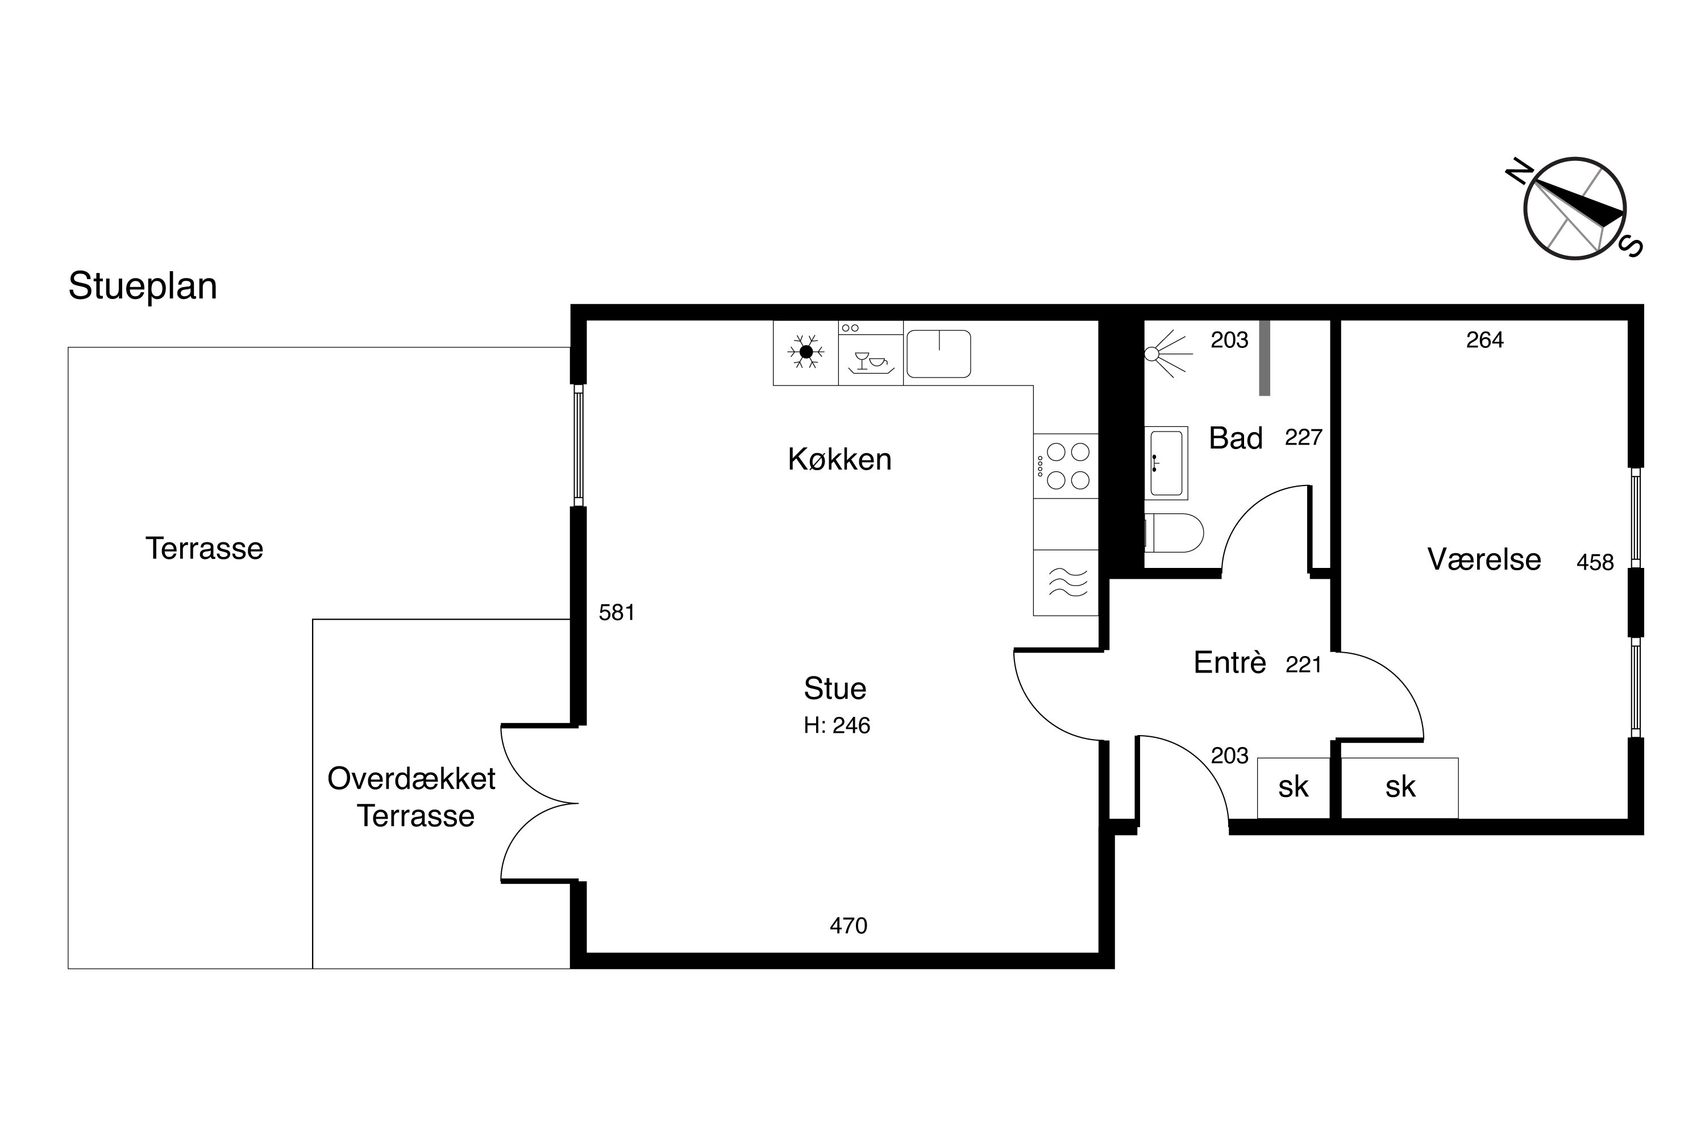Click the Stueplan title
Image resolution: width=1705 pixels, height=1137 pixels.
[143, 287]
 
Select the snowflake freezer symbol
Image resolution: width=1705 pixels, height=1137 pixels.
[805, 352]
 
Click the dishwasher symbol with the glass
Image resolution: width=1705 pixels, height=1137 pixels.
[871, 360]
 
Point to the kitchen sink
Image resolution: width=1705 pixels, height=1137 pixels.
[939, 354]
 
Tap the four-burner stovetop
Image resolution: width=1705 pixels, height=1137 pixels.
[1066, 466]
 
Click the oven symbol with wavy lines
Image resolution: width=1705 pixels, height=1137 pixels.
[1066, 582]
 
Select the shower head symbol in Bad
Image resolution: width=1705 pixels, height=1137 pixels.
[1168, 354]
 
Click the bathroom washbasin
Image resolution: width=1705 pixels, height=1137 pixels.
[1166, 463]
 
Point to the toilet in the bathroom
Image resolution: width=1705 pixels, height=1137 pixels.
[1174, 533]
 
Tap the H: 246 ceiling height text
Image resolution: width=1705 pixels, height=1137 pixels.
[837, 726]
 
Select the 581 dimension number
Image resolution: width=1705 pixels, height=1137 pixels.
[617, 613]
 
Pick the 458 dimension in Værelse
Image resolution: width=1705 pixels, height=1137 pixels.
[1595, 562]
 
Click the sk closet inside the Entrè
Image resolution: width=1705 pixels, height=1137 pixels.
[1294, 787]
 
